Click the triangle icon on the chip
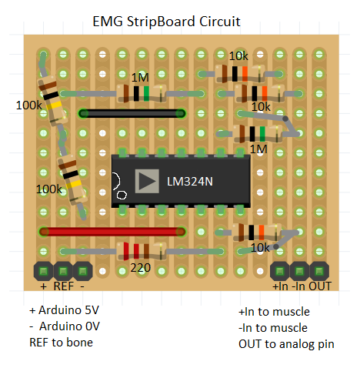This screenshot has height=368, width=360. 146,182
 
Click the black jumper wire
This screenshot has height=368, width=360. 131,114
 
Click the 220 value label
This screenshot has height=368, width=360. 140,269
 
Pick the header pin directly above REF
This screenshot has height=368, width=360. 62,270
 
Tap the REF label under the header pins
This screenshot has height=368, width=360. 64,286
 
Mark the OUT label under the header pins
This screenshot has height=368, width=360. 320,287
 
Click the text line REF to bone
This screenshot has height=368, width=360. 61,342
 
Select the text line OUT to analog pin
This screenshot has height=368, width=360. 286,344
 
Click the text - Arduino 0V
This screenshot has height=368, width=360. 65,326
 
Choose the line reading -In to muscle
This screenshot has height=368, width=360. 274,329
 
